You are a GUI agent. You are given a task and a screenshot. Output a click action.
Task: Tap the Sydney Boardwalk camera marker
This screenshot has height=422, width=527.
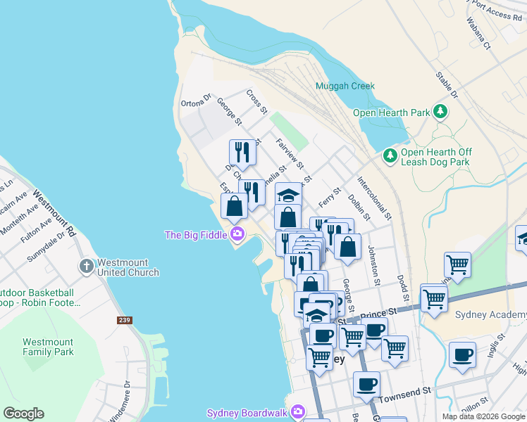click(298, 411)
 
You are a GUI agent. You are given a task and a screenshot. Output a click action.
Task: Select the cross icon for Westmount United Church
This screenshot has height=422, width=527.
click(86, 266)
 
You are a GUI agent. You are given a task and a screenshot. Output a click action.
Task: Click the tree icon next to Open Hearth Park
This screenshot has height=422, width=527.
click(440, 112)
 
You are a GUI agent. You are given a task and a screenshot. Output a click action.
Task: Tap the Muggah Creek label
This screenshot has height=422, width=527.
click(345, 86)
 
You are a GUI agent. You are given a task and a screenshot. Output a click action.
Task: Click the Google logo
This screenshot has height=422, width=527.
click(23, 414)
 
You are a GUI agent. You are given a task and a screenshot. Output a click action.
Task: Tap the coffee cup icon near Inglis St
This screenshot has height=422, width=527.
click(462, 354)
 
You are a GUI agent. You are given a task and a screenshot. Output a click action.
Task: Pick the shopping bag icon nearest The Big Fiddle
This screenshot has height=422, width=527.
click(234, 206)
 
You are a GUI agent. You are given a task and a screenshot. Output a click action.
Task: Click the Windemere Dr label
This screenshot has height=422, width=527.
click(118, 401)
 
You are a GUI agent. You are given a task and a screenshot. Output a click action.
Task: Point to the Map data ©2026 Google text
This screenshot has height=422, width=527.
click(483, 416)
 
